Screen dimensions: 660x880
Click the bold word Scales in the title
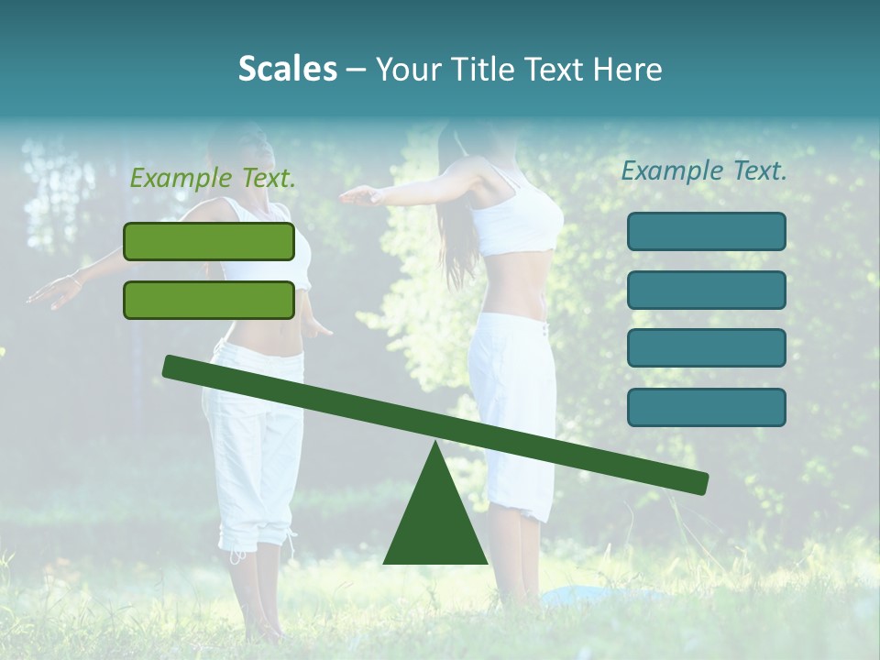(x=287, y=70)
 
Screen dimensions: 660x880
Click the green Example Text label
(x=213, y=179)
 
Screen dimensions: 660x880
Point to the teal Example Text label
(x=704, y=170)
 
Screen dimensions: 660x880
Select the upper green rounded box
(x=209, y=241)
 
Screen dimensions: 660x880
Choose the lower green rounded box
(x=209, y=300)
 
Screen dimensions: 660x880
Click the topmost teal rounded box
(x=706, y=231)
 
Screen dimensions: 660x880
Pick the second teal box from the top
(x=706, y=290)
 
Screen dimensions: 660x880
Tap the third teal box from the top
(x=706, y=348)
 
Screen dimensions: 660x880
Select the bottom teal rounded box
(x=706, y=407)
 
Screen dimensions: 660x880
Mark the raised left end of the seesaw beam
(x=174, y=367)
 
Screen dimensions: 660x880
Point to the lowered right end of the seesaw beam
(x=698, y=482)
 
